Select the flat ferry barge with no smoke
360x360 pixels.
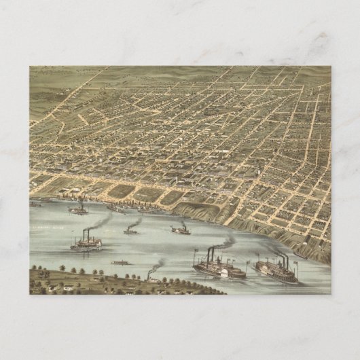[x=121, y=262]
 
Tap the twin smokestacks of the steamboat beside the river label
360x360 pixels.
[x=86, y=234]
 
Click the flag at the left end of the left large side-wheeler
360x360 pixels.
[x=195, y=254]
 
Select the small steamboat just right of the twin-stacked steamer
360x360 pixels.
[x=131, y=231]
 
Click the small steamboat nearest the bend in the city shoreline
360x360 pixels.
[x=180, y=230]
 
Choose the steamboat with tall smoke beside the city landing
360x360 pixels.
[x=79, y=209]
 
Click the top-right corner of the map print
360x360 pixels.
[x=331, y=66]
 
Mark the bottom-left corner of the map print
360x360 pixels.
[x=30, y=294]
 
